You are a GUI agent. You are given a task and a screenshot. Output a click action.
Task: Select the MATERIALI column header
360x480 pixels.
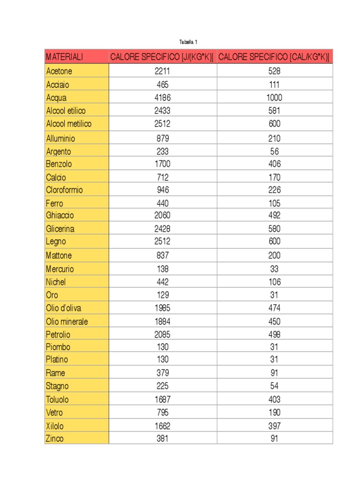point(64,57)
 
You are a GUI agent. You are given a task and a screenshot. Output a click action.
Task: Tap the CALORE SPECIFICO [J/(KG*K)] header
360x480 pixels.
point(162,57)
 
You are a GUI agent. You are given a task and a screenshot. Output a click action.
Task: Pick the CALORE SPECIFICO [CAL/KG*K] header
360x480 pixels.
point(274,57)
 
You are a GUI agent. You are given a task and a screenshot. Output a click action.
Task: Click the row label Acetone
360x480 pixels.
point(59,72)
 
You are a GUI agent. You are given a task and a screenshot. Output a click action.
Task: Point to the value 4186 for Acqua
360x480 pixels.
point(163,98)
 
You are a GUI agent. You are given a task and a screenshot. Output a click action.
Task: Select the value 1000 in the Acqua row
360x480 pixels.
point(275,98)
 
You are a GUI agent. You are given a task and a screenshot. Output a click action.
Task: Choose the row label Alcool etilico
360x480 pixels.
point(66,111)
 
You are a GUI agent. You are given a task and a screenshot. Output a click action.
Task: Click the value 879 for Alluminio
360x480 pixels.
point(163,139)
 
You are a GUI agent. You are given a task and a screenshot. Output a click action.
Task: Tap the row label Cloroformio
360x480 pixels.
point(64,190)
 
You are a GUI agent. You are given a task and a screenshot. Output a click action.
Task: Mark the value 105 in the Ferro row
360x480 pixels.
point(275,203)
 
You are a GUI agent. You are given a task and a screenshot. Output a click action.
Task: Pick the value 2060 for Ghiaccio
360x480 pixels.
point(163,216)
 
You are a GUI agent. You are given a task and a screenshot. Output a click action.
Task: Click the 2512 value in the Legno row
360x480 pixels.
point(163,242)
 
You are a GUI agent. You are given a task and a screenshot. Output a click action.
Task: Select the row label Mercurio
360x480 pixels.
point(60,269)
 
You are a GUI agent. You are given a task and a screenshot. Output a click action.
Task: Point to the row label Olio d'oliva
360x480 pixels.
point(63,308)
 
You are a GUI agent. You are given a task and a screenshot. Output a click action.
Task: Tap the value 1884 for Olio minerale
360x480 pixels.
point(163,322)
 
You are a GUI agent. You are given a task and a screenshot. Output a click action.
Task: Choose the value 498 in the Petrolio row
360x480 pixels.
point(275,335)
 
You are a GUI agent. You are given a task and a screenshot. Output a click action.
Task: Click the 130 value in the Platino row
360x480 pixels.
point(163,360)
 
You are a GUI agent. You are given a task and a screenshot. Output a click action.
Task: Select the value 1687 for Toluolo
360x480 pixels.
point(163,399)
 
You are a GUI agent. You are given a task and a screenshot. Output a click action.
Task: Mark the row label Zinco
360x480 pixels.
point(54,439)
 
